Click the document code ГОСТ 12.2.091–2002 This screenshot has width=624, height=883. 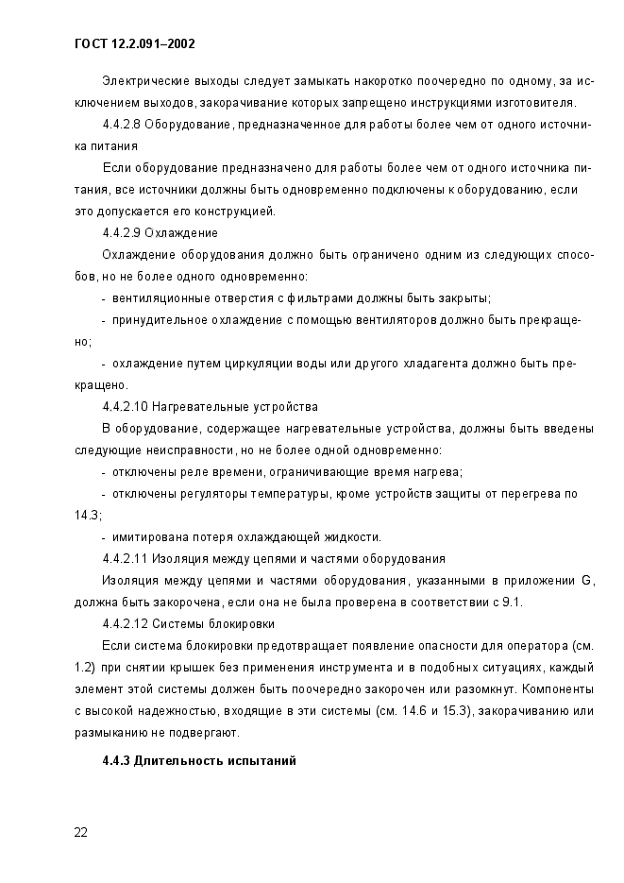click(133, 43)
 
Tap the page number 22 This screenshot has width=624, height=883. click(81, 832)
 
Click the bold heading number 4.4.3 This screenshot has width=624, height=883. click(117, 760)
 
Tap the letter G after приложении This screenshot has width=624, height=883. click(585, 581)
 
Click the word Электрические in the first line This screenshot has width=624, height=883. click(144, 81)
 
